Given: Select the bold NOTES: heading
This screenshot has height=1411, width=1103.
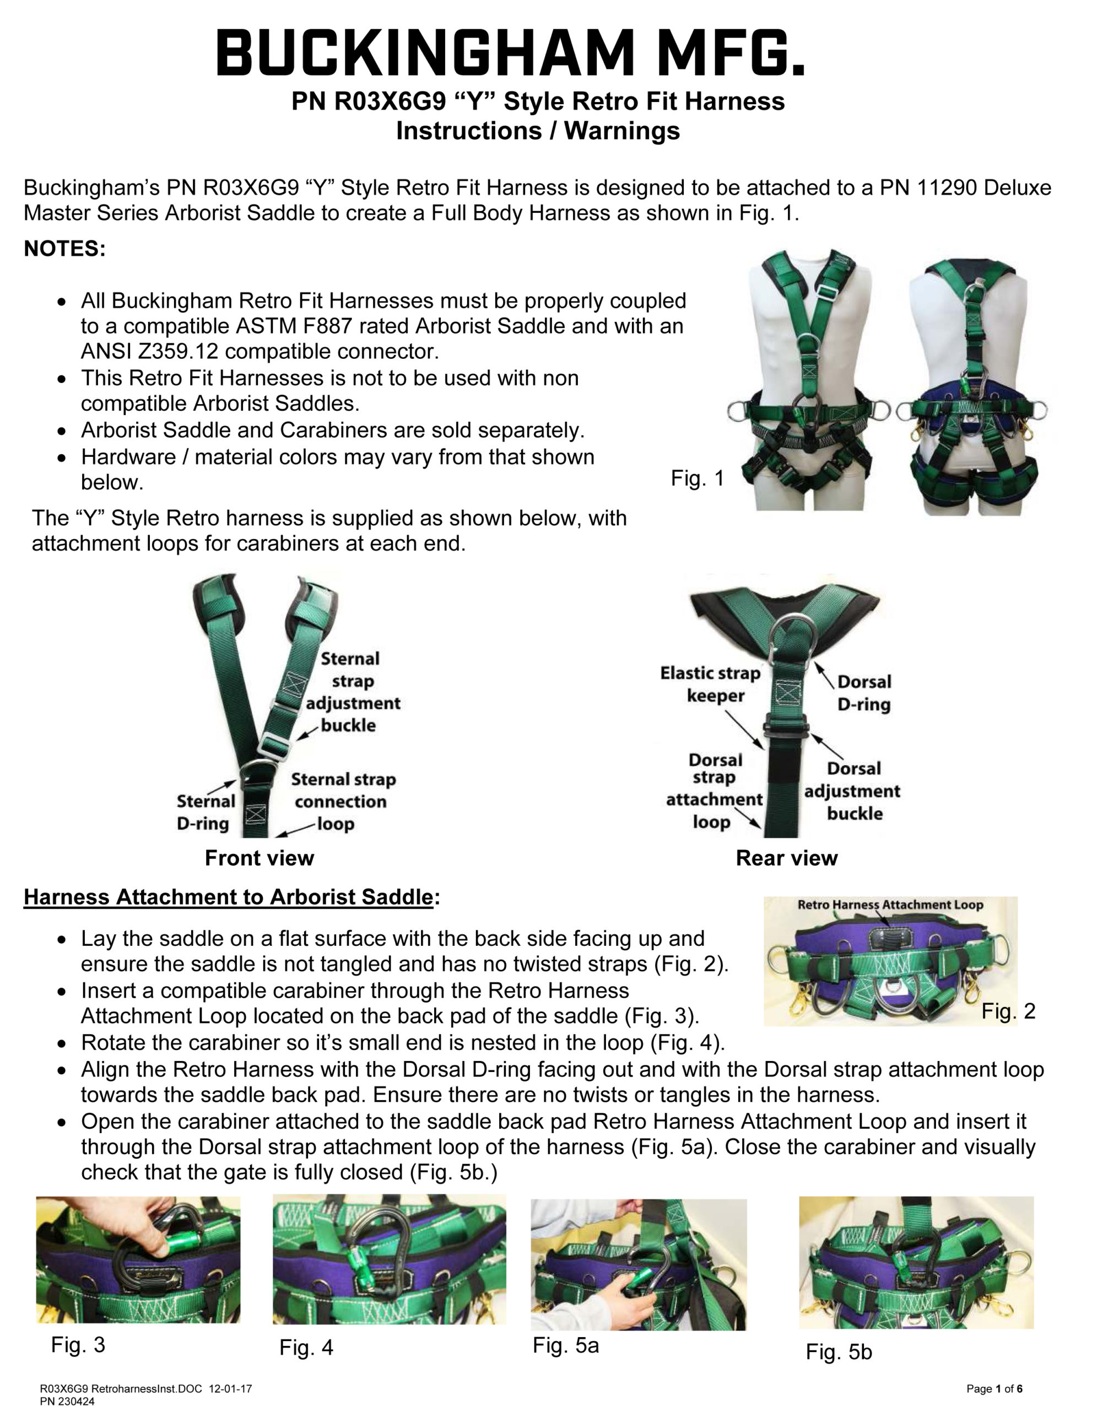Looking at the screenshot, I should click(64, 249).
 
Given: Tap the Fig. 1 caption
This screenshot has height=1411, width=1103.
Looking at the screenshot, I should click(698, 479).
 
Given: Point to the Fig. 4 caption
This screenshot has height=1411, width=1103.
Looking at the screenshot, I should click(306, 1348).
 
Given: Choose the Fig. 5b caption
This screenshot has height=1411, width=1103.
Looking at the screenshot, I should click(838, 1352).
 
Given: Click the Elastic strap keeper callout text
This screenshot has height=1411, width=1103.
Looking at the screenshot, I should click(710, 684).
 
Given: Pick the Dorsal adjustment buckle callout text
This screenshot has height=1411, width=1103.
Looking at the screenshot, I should click(852, 791).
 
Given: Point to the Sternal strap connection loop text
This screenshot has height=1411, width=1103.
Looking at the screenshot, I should click(342, 801).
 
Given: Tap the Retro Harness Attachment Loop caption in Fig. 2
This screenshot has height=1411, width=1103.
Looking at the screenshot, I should click(890, 905).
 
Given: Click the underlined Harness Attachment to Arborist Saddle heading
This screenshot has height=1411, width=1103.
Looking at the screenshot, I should click(228, 897).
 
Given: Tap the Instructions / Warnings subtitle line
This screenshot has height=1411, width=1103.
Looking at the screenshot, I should click(537, 131).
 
